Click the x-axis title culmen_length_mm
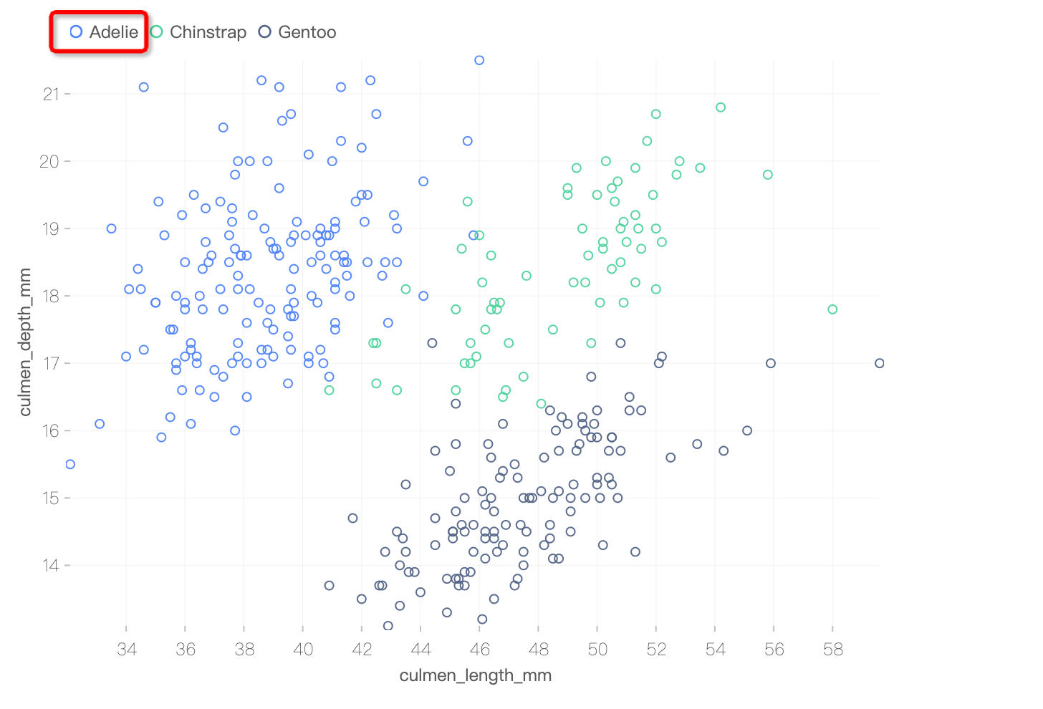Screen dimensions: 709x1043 coord(476,675)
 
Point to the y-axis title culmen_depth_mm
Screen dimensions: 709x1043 coord(26,342)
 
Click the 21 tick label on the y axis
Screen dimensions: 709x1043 coord(51,94)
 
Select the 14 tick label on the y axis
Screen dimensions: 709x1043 coord(51,565)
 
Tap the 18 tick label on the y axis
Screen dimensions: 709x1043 coord(51,296)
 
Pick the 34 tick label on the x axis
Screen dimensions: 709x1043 coord(127,650)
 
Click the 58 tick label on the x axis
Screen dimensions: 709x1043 coord(833,650)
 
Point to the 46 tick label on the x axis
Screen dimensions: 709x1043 coord(480,650)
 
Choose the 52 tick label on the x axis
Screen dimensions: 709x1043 coord(656,650)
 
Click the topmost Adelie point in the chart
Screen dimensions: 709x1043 coord(479,60)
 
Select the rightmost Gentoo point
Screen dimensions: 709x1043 coord(880,363)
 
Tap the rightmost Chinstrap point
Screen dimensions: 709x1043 coord(832,309)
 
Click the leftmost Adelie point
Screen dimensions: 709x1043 coord(70,464)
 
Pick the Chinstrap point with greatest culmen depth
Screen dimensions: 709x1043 coord(721,107)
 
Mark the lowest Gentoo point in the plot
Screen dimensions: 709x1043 coord(388,626)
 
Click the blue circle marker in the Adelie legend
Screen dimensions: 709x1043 coord(77,32)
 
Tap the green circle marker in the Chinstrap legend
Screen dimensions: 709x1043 coord(157,32)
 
